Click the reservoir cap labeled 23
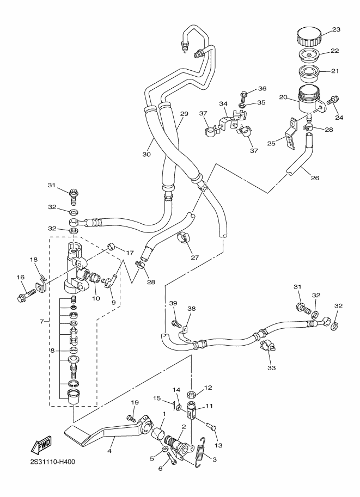(309, 37)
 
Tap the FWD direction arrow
(41, 445)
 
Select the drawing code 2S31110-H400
(51, 462)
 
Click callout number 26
(315, 177)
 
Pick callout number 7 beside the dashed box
(42, 321)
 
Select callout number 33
(272, 368)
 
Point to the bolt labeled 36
(243, 95)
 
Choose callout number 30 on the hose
(147, 155)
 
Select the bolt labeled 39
(176, 324)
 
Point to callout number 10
(96, 298)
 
